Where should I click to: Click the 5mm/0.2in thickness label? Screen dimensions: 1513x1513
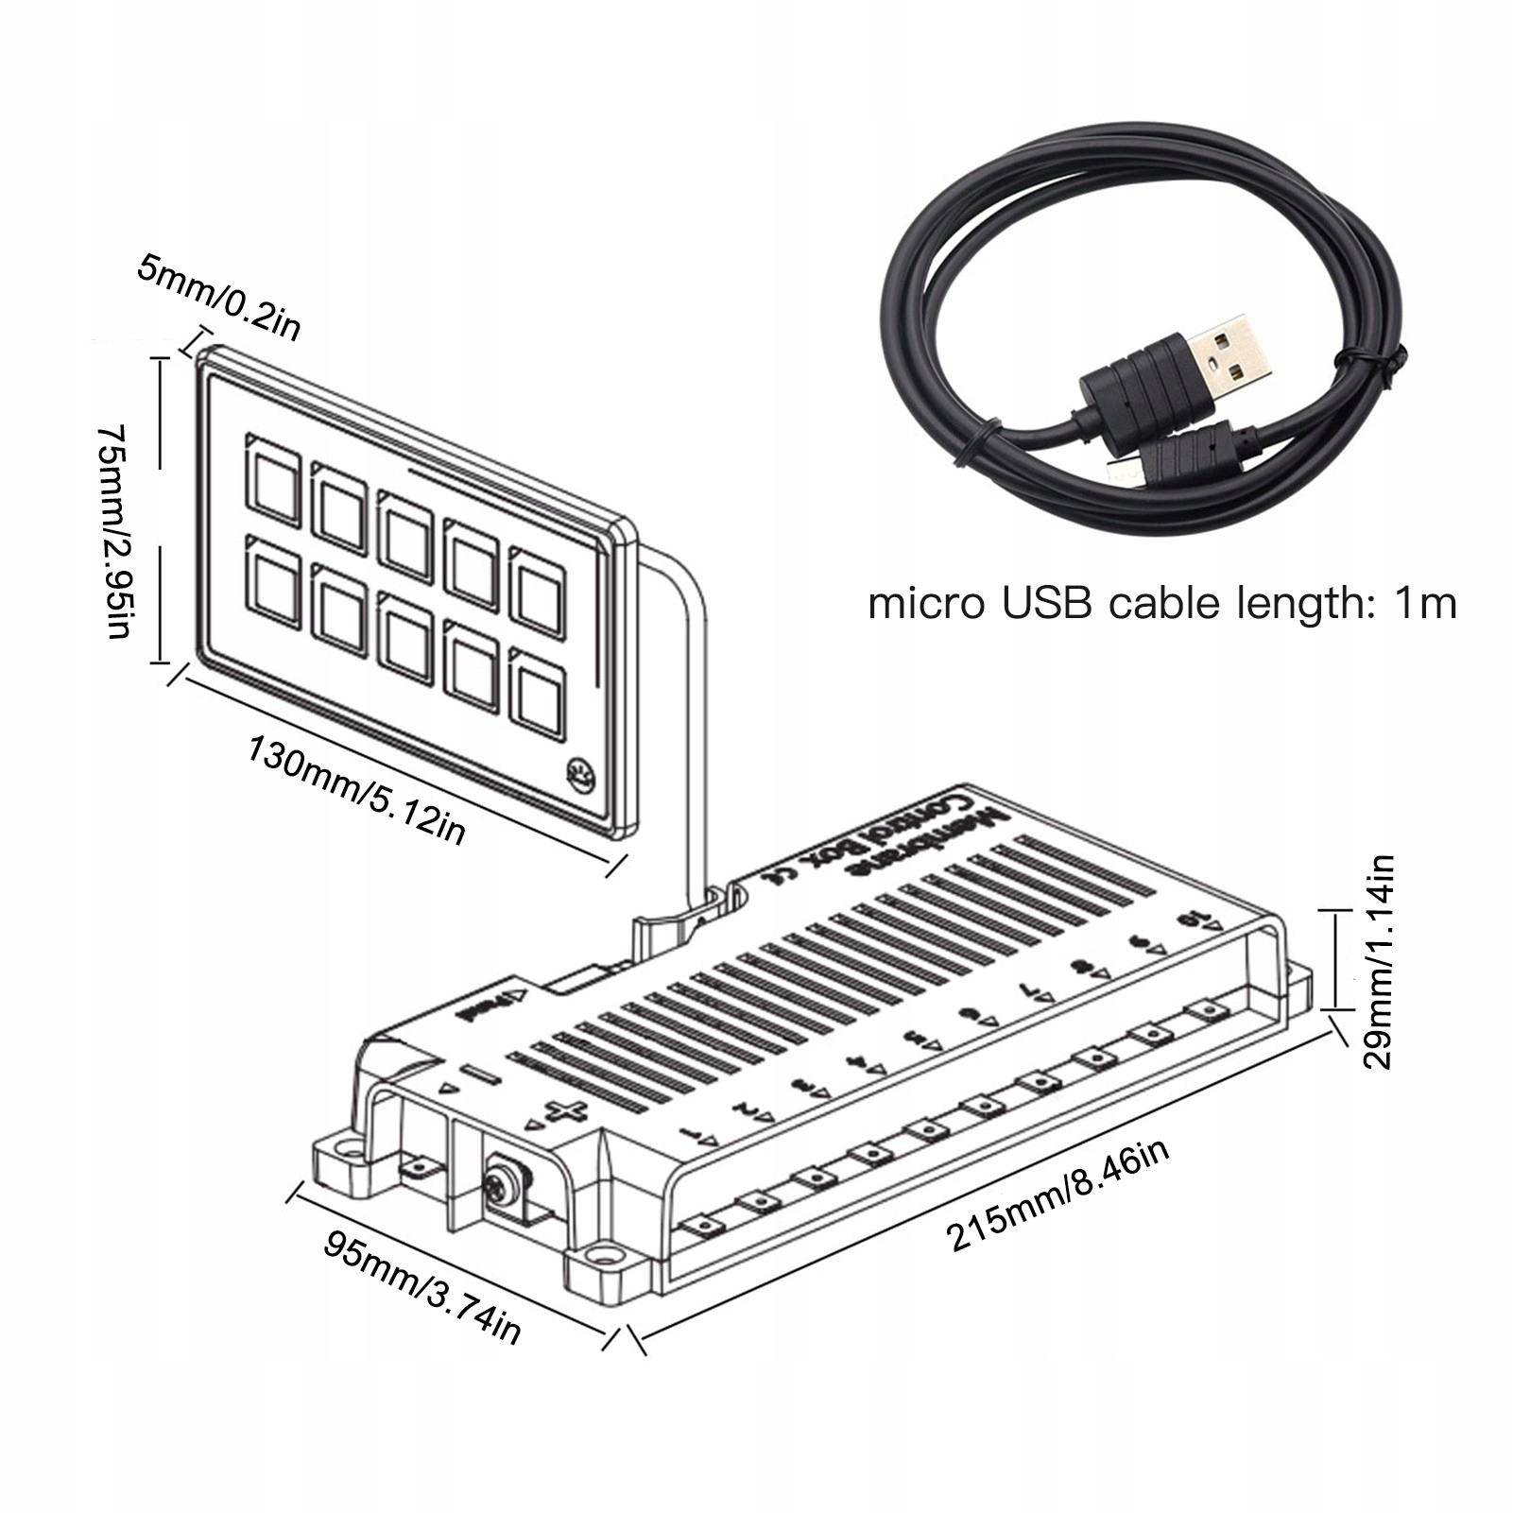[218, 296]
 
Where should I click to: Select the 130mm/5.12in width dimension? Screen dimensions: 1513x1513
[356, 790]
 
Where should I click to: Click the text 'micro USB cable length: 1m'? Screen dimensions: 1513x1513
[1161, 603]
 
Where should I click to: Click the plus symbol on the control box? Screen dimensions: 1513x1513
[569, 1115]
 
